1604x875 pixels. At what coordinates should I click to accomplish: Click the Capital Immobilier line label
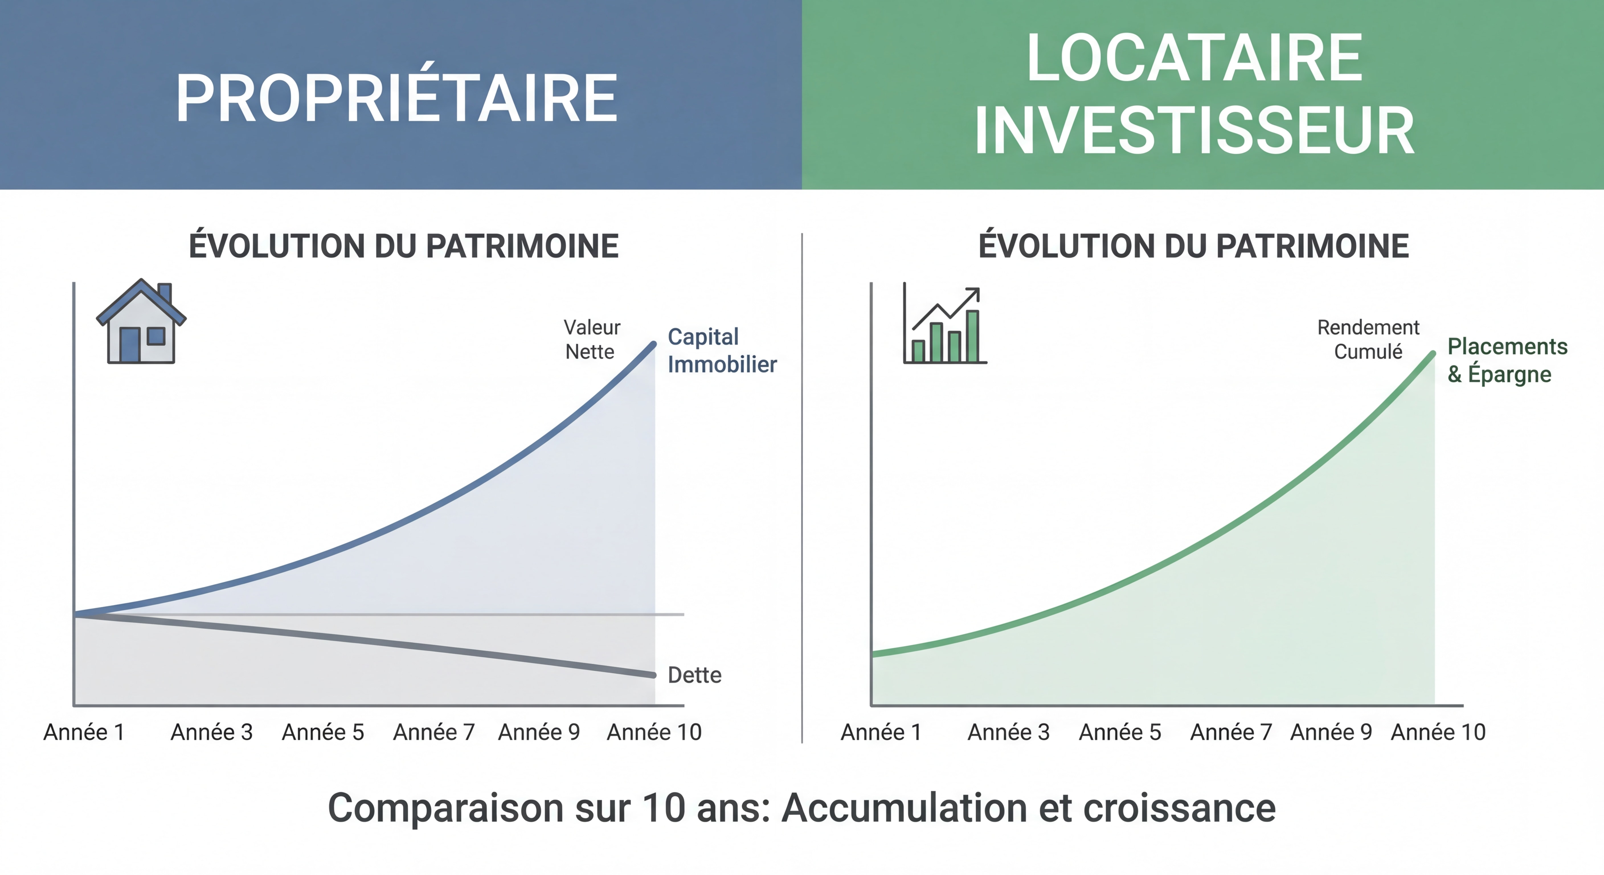point(722,351)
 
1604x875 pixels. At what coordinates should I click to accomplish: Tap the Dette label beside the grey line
point(694,675)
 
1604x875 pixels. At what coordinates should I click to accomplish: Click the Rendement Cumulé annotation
point(1368,340)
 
